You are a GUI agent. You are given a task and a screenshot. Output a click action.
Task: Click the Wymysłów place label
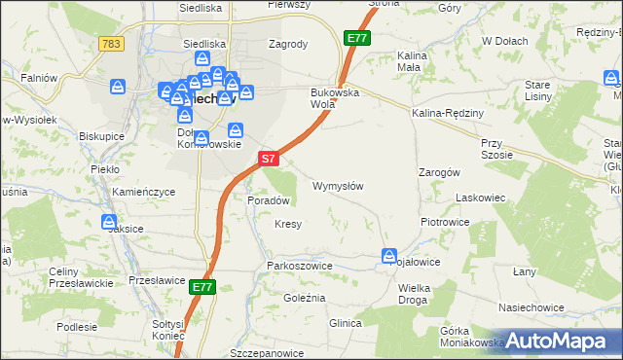click(338, 186)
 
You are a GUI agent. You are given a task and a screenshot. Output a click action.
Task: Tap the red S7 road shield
click(270, 157)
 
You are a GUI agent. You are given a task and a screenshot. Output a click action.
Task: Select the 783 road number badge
click(111, 44)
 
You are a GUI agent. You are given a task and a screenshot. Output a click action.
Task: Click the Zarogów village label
click(438, 171)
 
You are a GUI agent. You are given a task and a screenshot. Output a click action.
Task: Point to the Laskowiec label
click(479, 198)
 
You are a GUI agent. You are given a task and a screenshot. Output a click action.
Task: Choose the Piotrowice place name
click(445, 222)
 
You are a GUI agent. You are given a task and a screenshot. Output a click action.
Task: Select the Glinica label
click(346, 323)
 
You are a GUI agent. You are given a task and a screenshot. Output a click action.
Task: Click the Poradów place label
click(270, 199)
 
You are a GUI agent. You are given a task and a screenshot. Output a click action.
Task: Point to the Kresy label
click(287, 224)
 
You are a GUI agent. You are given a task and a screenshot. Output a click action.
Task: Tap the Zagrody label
click(287, 44)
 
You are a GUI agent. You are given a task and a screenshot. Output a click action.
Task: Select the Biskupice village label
click(102, 136)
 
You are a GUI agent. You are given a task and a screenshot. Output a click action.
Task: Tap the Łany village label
click(525, 271)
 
